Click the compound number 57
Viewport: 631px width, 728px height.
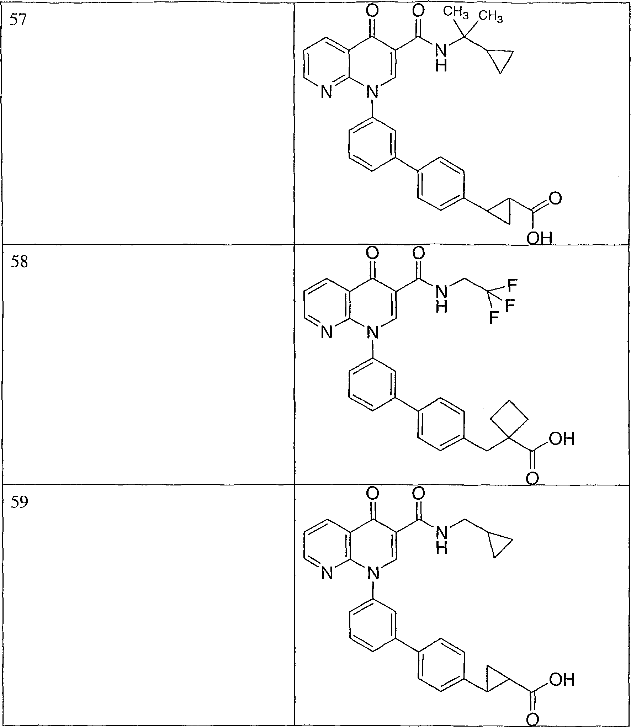[18, 21]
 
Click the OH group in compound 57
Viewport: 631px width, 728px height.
[539, 238]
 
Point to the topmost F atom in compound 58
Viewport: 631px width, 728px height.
[512, 285]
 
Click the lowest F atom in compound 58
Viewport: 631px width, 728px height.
[494, 318]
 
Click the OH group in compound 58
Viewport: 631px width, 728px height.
[562, 439]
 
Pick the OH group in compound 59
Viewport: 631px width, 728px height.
[562, 680]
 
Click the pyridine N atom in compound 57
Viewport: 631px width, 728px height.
[326, 93]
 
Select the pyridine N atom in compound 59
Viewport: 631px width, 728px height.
[326, 574]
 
